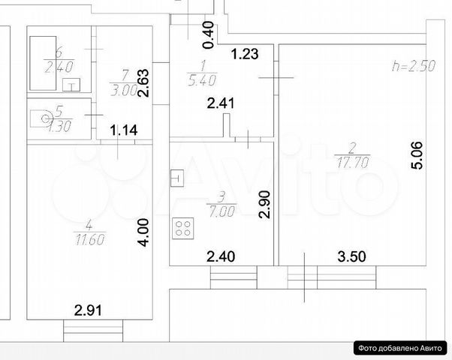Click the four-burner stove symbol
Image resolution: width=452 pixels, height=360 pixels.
[183, 229]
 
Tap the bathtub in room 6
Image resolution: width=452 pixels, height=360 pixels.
[43, 63]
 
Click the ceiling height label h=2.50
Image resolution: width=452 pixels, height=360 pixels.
[414, 66]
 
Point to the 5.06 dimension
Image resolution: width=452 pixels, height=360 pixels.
[417, 155]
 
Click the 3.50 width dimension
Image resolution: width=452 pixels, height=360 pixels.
[352, 256]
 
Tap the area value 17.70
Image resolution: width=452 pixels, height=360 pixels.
[353, 163]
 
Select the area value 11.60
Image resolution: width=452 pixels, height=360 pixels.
[90, 239]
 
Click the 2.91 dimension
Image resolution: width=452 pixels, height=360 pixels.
[88, 310]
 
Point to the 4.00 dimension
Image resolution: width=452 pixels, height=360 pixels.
[143, 232]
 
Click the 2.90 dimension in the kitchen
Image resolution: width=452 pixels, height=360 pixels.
[264, 205]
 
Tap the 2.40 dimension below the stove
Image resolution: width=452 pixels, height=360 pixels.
[221, 256]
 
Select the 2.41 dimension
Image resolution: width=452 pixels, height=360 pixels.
[221, 103]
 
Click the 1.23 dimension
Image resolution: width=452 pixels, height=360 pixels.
[245, 54]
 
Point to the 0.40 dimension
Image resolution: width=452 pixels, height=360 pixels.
[209, 34]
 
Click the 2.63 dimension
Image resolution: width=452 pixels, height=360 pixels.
[143, 83]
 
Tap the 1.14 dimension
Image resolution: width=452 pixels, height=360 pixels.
[124, 130]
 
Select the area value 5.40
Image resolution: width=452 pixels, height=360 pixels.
[202, 80]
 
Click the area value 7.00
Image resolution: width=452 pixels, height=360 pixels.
[221, 212]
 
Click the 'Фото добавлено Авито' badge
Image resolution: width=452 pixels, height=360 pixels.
[400, 348]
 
